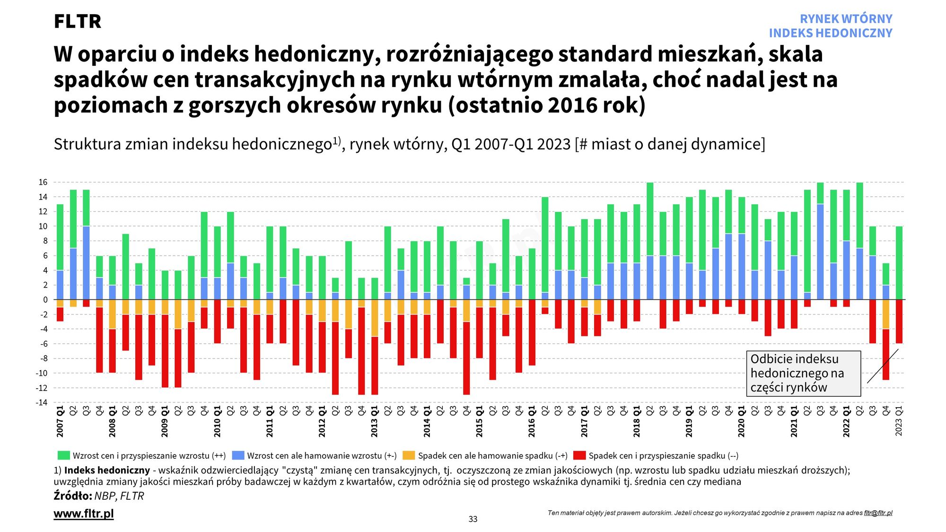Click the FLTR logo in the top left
(x=78, y=21)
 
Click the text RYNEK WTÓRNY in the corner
(x=846, y=19)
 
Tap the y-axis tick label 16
(x=43, y=183)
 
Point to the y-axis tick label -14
(x=42, y=402)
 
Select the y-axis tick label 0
(x=45, y=300)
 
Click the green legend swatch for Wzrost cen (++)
(x=63, y=455)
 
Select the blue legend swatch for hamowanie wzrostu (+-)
(x=238, y=455)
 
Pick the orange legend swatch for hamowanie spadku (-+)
(x=409, y=455)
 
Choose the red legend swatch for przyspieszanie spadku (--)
(x=579, y=455)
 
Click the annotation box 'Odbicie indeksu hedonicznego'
(x=803, y=373)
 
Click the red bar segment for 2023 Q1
(x=899, y=322)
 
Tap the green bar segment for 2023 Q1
(x=899, y=263)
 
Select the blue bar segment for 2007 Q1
(x=60, y=285)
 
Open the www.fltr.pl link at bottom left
(x=84, y=514)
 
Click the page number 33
(x=473, y=519)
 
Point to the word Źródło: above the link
(x=72, y=496)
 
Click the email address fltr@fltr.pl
(x=878, y=513)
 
